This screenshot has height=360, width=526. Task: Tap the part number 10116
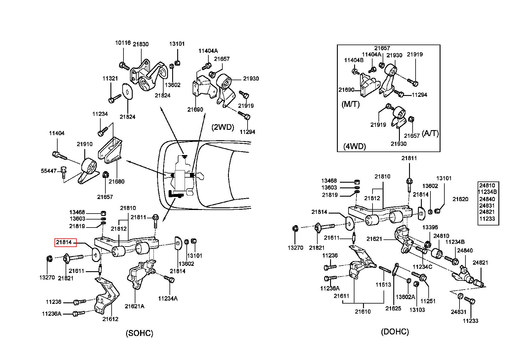[x=123, y=43]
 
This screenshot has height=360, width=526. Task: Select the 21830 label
[x=141, y=44]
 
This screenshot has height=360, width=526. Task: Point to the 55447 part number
[x=49, y=171]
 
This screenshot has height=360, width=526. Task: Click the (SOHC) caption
[x=140, y=333]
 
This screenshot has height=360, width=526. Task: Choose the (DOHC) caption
[x=395, y=332]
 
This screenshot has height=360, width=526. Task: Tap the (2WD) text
[x=223, y=127]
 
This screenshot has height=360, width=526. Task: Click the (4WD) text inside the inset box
[x=354, y=146]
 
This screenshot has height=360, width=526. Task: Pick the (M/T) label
[x=351, y=104]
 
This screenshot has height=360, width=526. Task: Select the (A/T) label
[x=430, y=133]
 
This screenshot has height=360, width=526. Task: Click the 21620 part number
[x=460, y=199]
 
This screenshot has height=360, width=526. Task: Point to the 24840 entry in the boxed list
[x=487, y=199]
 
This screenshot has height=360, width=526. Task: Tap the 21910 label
[x=85, y=144]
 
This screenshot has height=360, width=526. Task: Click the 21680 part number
[x=117, y=181]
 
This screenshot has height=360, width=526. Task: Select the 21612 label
[x=110, y=319]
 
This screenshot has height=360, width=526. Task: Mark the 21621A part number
[x=134, y=306]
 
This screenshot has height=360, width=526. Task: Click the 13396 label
[x=430, y=228]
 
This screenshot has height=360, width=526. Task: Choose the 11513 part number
[x=383, y=285]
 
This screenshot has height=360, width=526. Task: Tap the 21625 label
[x=393, y=308]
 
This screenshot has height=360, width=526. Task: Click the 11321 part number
[x=110, y=79]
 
